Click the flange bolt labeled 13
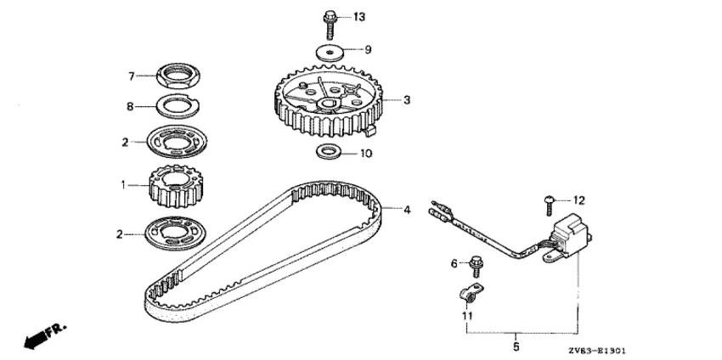(330, 25)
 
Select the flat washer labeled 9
(330, 52)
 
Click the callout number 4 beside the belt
(407, 210)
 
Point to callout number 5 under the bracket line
(516, 346)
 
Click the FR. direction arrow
(45, 335)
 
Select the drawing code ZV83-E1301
(597, 351)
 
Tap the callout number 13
(358, 18)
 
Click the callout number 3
(407, 100)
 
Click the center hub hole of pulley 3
(328, 104)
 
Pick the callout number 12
(578, 200)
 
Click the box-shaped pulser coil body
(571, 235)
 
